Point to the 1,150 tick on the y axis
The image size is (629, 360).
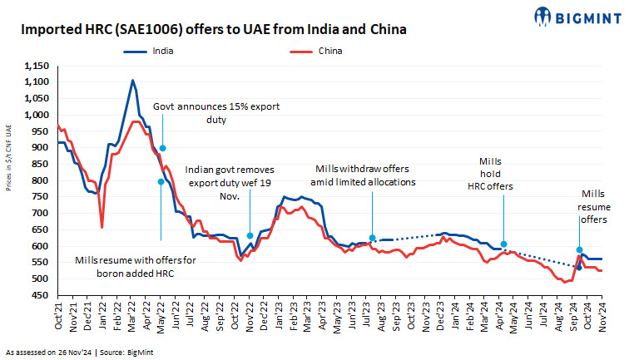37,66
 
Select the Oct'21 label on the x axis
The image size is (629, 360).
59,320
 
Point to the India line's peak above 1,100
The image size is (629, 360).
133,81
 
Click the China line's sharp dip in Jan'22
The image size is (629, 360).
102,226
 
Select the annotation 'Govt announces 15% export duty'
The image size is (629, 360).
216,113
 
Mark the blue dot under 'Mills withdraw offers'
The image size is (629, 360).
373,238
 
